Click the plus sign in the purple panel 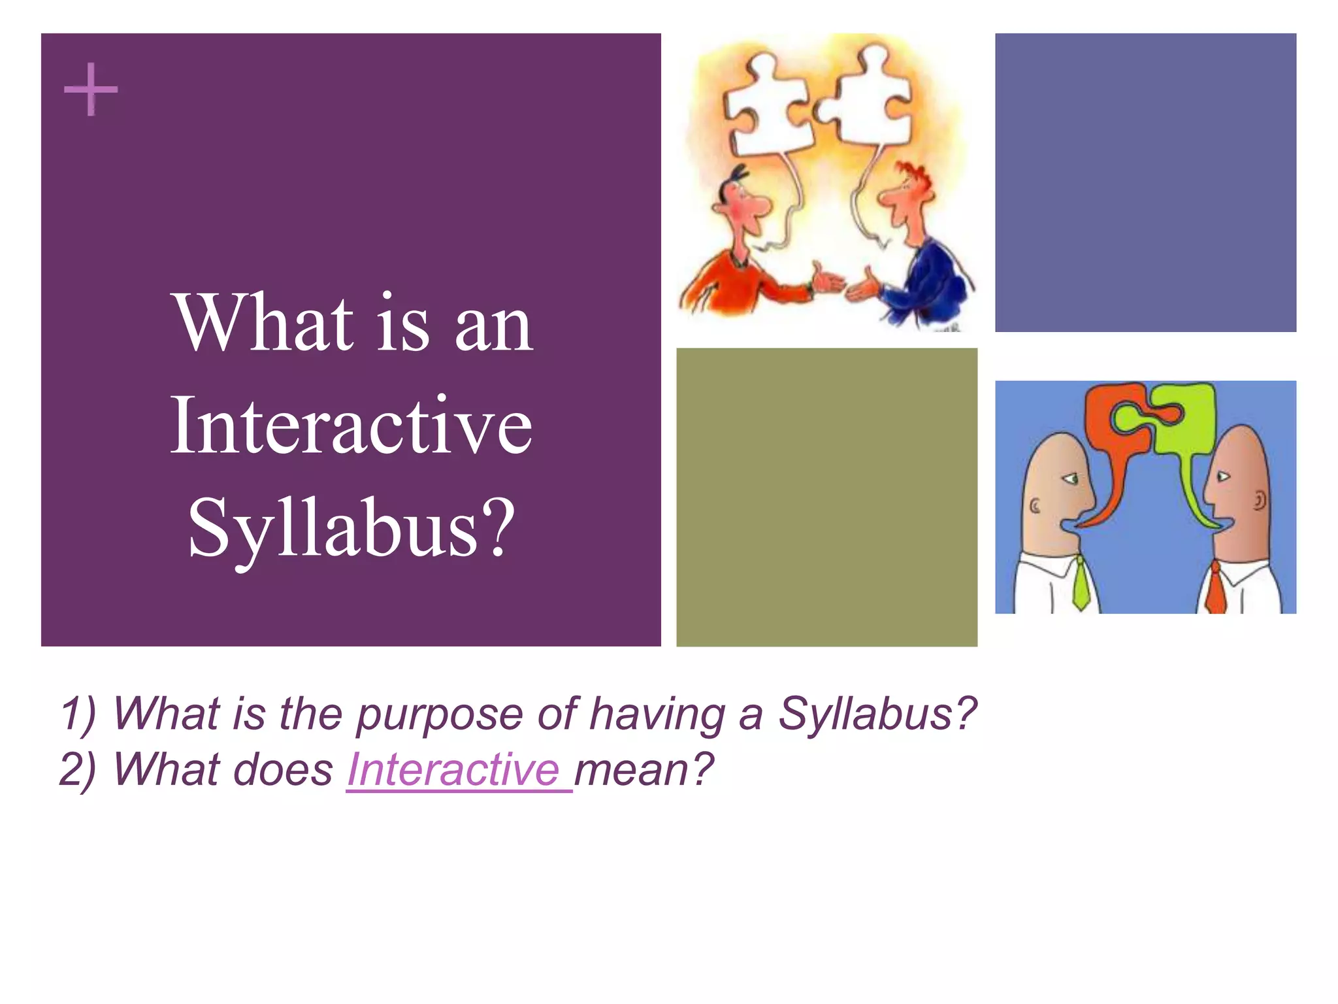(x=91, y=90)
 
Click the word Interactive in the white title (x=351, y=426)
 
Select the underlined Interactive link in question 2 (x=453, y=769)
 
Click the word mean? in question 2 (x=644, y=769)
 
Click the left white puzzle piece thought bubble (x=771, y=105)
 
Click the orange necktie (x=1215, y=588)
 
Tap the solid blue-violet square (x=1145, y=182)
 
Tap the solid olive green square (x=826, y=497)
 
